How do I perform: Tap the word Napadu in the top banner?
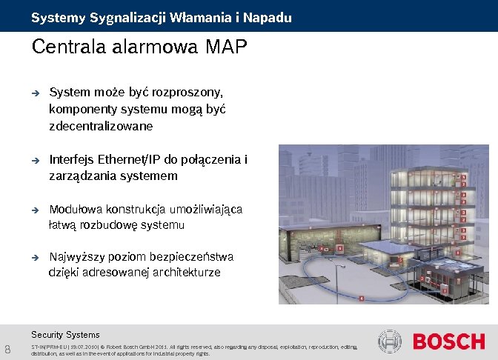270,17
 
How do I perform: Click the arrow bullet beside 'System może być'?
34,94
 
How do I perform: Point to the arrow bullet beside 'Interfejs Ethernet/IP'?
34,160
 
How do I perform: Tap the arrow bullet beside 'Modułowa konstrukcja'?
34,210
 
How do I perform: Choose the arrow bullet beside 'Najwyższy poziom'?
34,258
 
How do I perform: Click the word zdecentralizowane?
90,126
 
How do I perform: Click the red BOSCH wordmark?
448,342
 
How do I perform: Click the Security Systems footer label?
65,335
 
